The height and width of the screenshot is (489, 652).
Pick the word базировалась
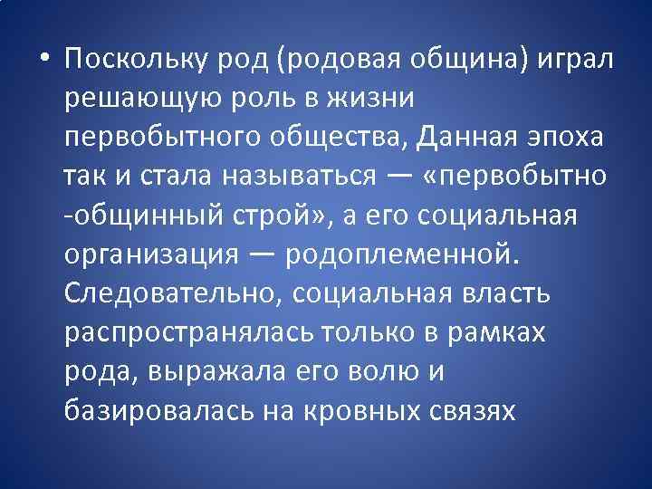tap(157, 412)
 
